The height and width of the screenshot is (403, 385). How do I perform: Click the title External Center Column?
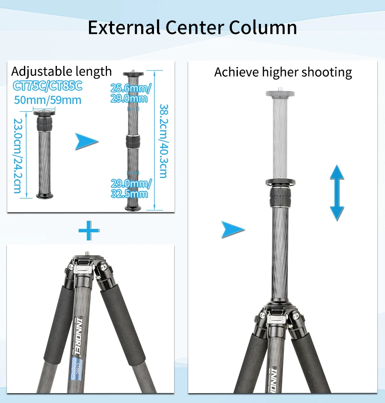coord(192,27)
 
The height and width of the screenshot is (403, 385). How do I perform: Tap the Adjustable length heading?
coord(61,71)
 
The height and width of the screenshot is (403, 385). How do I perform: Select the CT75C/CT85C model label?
coord(47,86)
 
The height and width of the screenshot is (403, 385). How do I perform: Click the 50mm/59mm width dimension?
coord(47,100)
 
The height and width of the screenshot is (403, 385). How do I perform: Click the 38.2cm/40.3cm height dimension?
coord(163,141)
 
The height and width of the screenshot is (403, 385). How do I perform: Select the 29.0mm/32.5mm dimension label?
coord(130,189)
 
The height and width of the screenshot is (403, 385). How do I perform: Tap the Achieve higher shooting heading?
coord(283,72)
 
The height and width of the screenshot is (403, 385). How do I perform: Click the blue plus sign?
coord(89,231)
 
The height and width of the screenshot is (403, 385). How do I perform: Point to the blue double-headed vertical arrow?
coord(337,192)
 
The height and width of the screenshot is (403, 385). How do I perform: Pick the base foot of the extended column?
coord(133,208)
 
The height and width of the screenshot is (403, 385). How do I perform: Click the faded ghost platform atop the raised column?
coord(280,94)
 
